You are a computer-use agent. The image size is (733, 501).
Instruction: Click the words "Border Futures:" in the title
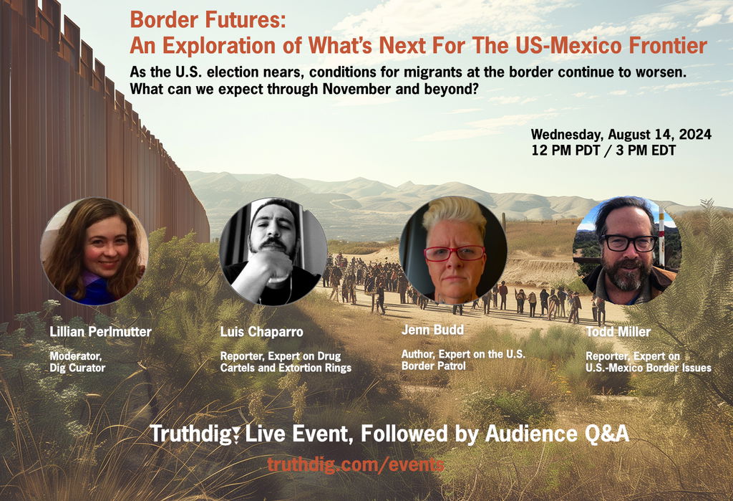click(208, 20)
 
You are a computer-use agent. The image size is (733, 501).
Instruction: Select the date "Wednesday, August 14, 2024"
click(621, 135)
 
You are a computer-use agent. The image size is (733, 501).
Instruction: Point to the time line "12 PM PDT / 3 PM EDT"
click(603, 151)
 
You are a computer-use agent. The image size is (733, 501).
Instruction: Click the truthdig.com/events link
click(356, 464)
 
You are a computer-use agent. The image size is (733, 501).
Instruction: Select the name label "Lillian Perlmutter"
click(100, 332)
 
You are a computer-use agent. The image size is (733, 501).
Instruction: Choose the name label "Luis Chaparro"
click(262, 332)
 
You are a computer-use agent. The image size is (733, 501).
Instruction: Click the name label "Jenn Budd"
click(432, 330)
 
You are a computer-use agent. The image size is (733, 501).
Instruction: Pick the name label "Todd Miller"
click(618, 332)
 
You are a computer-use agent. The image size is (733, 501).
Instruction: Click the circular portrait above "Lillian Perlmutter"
click(94, 252)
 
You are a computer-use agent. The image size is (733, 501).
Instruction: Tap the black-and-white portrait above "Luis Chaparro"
click(273, 252)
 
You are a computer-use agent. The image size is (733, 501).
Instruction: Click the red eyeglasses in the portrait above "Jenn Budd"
click(455, 253)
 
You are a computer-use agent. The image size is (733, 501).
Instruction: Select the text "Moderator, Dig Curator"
click(77, 362)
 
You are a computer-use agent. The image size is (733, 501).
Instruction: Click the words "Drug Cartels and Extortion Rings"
click(286, 362)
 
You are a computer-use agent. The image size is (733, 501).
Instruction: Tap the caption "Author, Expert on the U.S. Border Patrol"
click(463, 360)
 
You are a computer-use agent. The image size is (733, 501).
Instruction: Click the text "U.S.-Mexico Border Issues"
click(649, 368)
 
